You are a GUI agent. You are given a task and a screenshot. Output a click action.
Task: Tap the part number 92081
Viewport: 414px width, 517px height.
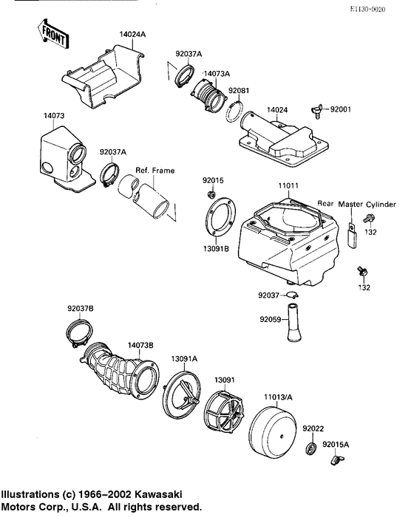pyautogui.click(x=238, y=91)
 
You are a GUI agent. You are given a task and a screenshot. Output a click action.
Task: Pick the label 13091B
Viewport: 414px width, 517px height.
pyautogui.click(x=215, y=250)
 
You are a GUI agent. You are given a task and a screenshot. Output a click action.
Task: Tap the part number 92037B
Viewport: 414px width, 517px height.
pyautogui.click(x=80, y=308)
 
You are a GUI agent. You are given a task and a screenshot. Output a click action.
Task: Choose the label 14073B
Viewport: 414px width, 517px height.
pyautogui.click(x=140, y=345)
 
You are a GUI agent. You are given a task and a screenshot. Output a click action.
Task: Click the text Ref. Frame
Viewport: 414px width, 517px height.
pyautogui.click(x=155, y=171)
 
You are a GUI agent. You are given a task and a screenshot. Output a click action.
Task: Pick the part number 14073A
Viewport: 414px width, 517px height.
pyautogui.click(x=216, y=74)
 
